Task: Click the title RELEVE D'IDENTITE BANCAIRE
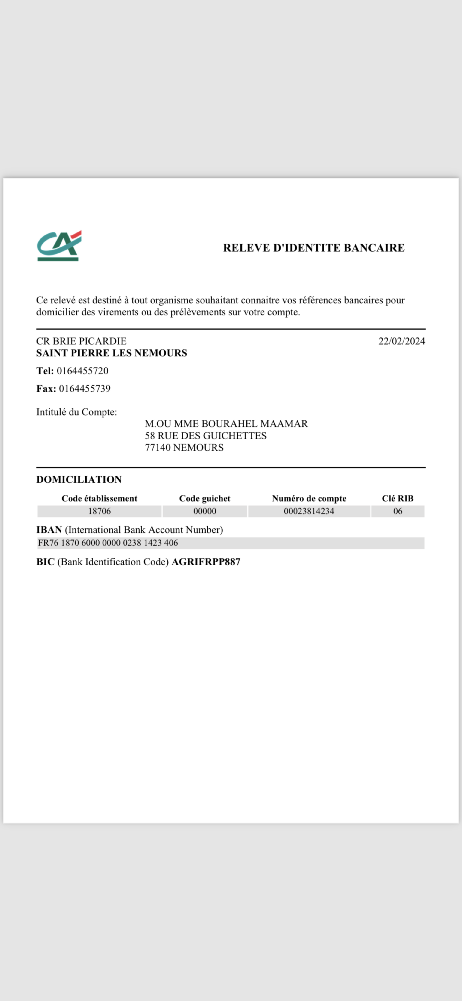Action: tap(314, 248)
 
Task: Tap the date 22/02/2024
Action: tap(401, 341)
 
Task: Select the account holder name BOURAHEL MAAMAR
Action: tap(254, 424)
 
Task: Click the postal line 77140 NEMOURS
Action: tap(184, 448)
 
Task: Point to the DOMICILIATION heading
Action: tap(79, 479)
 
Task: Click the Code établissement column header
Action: tap(99, 499)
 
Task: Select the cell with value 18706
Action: tap(99, 511)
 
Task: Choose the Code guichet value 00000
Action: tap(205, 511)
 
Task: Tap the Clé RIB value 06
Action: tap(398, 511)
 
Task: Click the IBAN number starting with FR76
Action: tap(108, 543)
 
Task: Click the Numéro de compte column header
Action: tap(309, 499)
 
